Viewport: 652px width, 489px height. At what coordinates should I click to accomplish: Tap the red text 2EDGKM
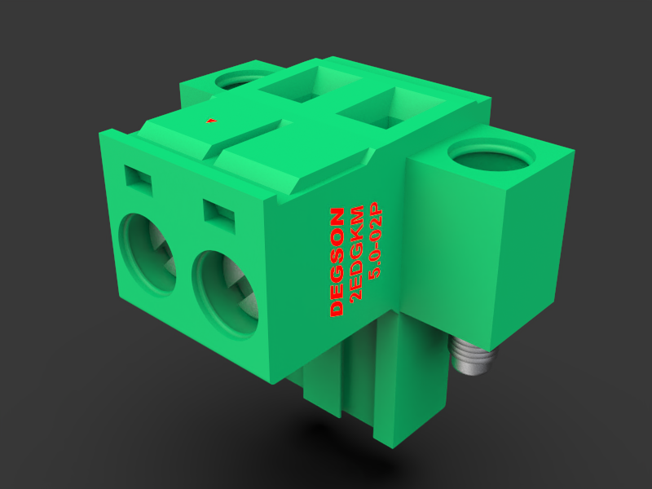(356, 253)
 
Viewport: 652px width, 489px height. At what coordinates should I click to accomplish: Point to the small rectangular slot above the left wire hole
(138, 180)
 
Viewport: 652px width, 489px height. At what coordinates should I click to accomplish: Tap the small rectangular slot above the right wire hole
(218, 217)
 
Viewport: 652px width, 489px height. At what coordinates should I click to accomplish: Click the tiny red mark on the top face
(212, 121)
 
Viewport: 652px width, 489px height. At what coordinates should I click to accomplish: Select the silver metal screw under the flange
(471, 359)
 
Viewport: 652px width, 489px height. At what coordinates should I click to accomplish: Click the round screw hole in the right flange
(491, 156)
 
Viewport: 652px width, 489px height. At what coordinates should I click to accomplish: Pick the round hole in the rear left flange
(237, 81)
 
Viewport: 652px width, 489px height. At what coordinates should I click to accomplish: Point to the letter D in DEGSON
(336, 309)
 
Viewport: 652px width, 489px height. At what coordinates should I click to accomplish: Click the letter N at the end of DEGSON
(335, 216)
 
